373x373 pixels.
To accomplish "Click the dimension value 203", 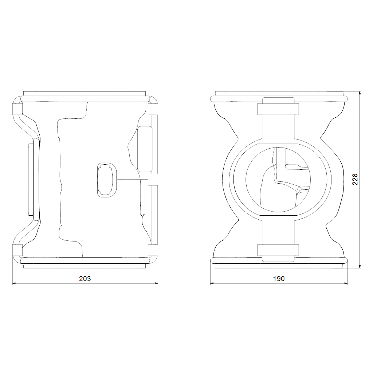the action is click(x=85, y=279).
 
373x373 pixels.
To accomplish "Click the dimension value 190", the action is click(x=279, y=279).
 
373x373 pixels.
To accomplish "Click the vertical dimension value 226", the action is click(x=355, y=180).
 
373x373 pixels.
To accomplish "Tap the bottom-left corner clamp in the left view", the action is click(x=17, y=250).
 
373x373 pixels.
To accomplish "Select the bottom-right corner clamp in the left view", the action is click(x=153, y=250).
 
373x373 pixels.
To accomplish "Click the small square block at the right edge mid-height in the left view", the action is click(x=153, y=179).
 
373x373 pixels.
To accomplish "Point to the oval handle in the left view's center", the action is click(x=107, y=180).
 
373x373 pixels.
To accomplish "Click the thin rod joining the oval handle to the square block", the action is click(x=133, y=180).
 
